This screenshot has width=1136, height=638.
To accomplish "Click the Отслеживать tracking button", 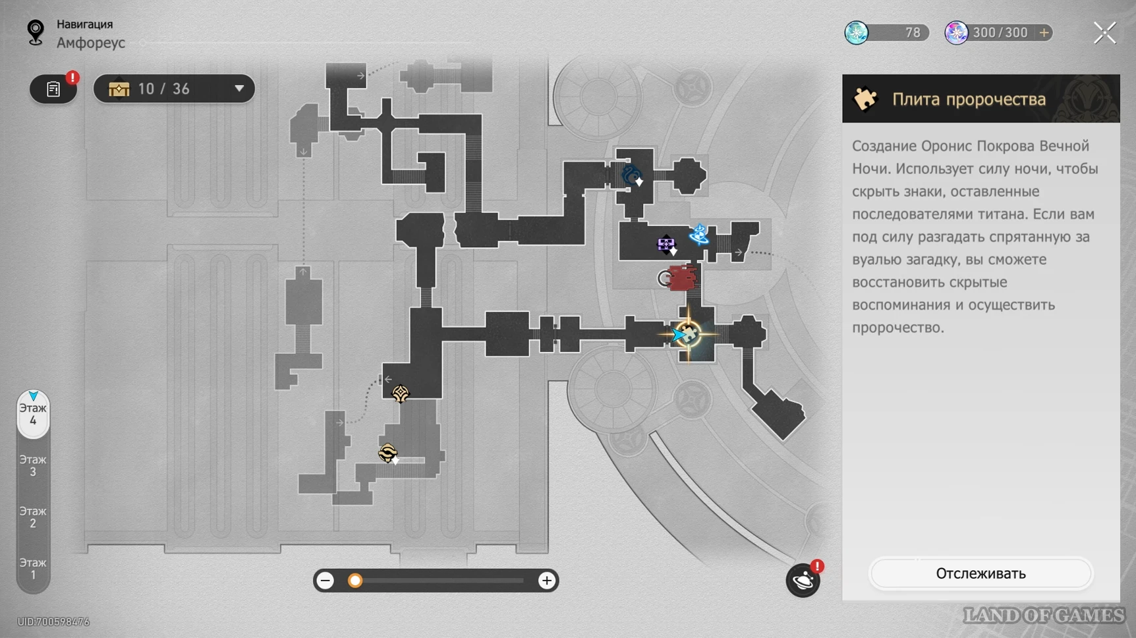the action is (980, 573).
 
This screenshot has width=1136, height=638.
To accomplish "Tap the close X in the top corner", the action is (1105, 32).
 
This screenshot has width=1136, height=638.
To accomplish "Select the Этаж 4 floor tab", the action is (33, 414).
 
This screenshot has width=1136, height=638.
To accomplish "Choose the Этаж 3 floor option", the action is (33, 465).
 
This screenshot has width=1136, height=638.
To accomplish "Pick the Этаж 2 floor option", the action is (33, 517).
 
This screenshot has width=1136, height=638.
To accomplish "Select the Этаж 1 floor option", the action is (33, 568).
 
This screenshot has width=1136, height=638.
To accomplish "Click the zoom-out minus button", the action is (326, 581).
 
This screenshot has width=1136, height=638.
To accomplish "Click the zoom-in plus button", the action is (546, 581).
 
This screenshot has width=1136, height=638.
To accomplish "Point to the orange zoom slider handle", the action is (355, 581).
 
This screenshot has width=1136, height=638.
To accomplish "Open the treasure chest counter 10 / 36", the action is (174, 89).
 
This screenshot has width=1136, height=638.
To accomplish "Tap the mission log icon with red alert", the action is (54, 89).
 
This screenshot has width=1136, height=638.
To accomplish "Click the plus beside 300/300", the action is (1044, 32).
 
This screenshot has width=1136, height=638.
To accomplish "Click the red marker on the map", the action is (682, 278).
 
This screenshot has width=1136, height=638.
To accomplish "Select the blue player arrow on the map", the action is (678, 335).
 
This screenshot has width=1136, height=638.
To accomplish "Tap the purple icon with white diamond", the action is (667, 245).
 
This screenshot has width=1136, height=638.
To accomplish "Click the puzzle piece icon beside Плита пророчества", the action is (865, 99).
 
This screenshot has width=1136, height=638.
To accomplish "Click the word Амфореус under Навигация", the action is (91, 43).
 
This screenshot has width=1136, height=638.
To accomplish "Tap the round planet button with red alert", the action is (803, 580).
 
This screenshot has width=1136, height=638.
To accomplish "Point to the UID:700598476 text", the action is (53, 622).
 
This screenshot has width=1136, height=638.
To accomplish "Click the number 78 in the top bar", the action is (913, 32).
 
